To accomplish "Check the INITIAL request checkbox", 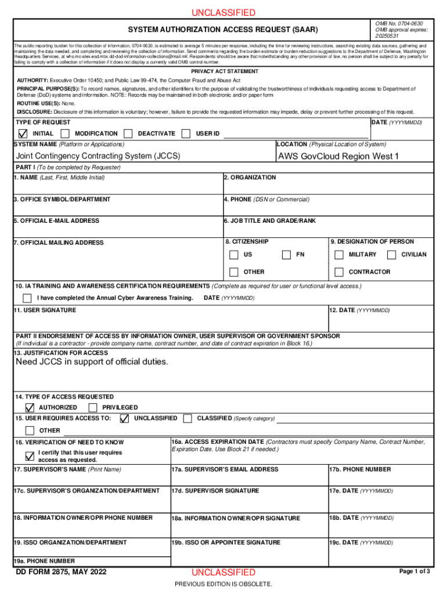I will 23,134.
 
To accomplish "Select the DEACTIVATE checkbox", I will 129,134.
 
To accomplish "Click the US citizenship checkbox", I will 233,255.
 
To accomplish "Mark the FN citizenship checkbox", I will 286,255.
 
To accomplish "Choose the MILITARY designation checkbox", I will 339,255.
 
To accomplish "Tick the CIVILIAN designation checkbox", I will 391,255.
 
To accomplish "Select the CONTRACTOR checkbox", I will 339,272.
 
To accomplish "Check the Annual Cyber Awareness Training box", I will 27,298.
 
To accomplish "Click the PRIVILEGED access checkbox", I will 92,408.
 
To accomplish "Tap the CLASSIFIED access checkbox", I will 188,418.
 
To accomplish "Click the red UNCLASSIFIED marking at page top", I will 223,13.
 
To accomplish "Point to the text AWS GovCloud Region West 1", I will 338,157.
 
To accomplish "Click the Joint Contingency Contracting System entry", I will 98,157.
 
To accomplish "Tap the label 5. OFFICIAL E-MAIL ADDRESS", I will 56,221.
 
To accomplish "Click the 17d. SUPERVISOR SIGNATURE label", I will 215,491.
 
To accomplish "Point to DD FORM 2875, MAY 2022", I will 61,573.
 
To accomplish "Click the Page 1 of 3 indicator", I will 414,572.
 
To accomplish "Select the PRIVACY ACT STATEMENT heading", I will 223,71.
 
